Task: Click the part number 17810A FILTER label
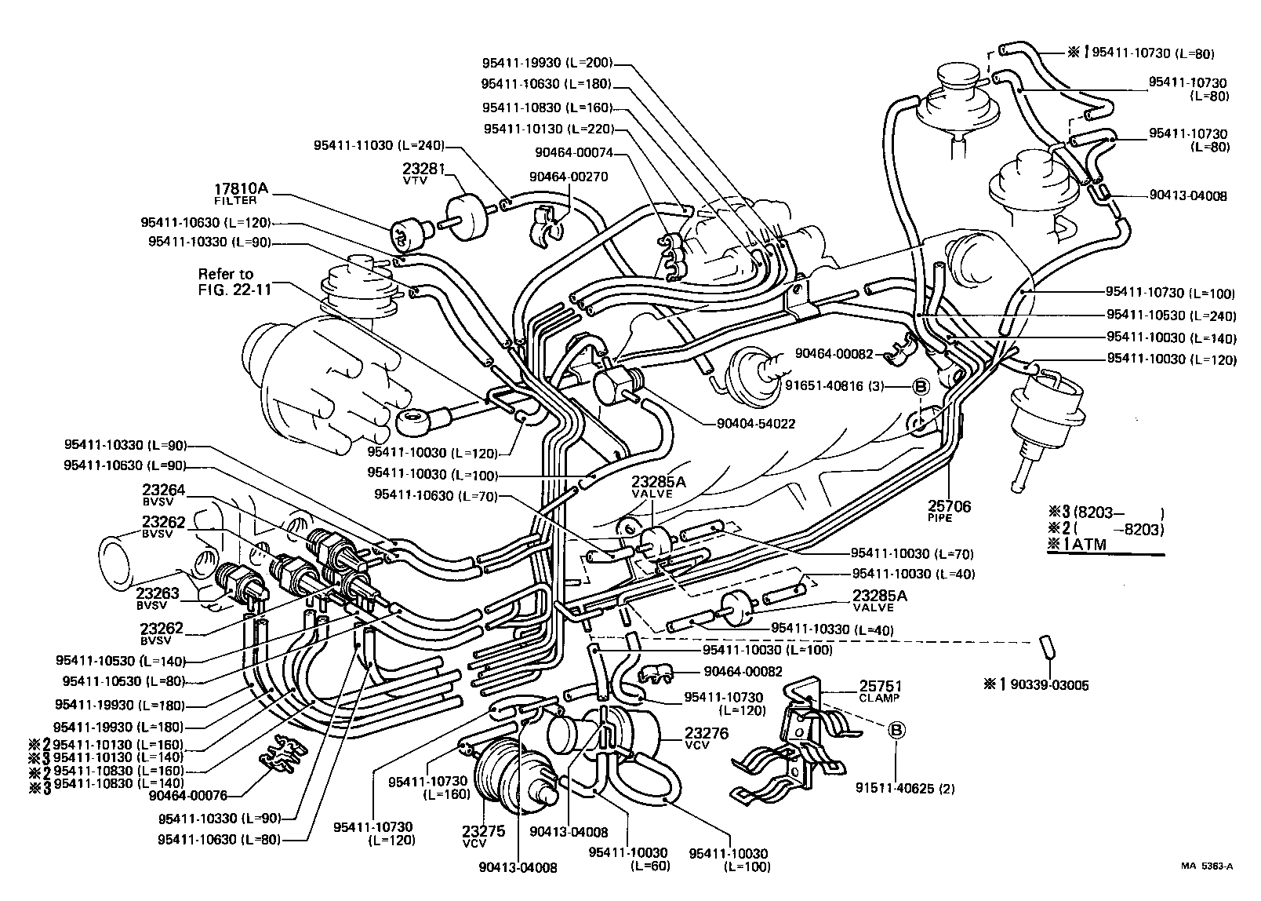[241, 193]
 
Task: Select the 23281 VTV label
[423, 173]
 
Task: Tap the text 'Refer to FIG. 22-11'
[235, 281]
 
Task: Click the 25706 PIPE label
[950, 511]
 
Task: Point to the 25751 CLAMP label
[881, 690]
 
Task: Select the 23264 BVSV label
[163, 494]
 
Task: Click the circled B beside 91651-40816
[921, 385]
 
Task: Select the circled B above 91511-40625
[896, 730]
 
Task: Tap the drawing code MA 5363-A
[1207, 866]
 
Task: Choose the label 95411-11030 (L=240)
[379, 145]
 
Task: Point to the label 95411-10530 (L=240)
[1171, 316]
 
